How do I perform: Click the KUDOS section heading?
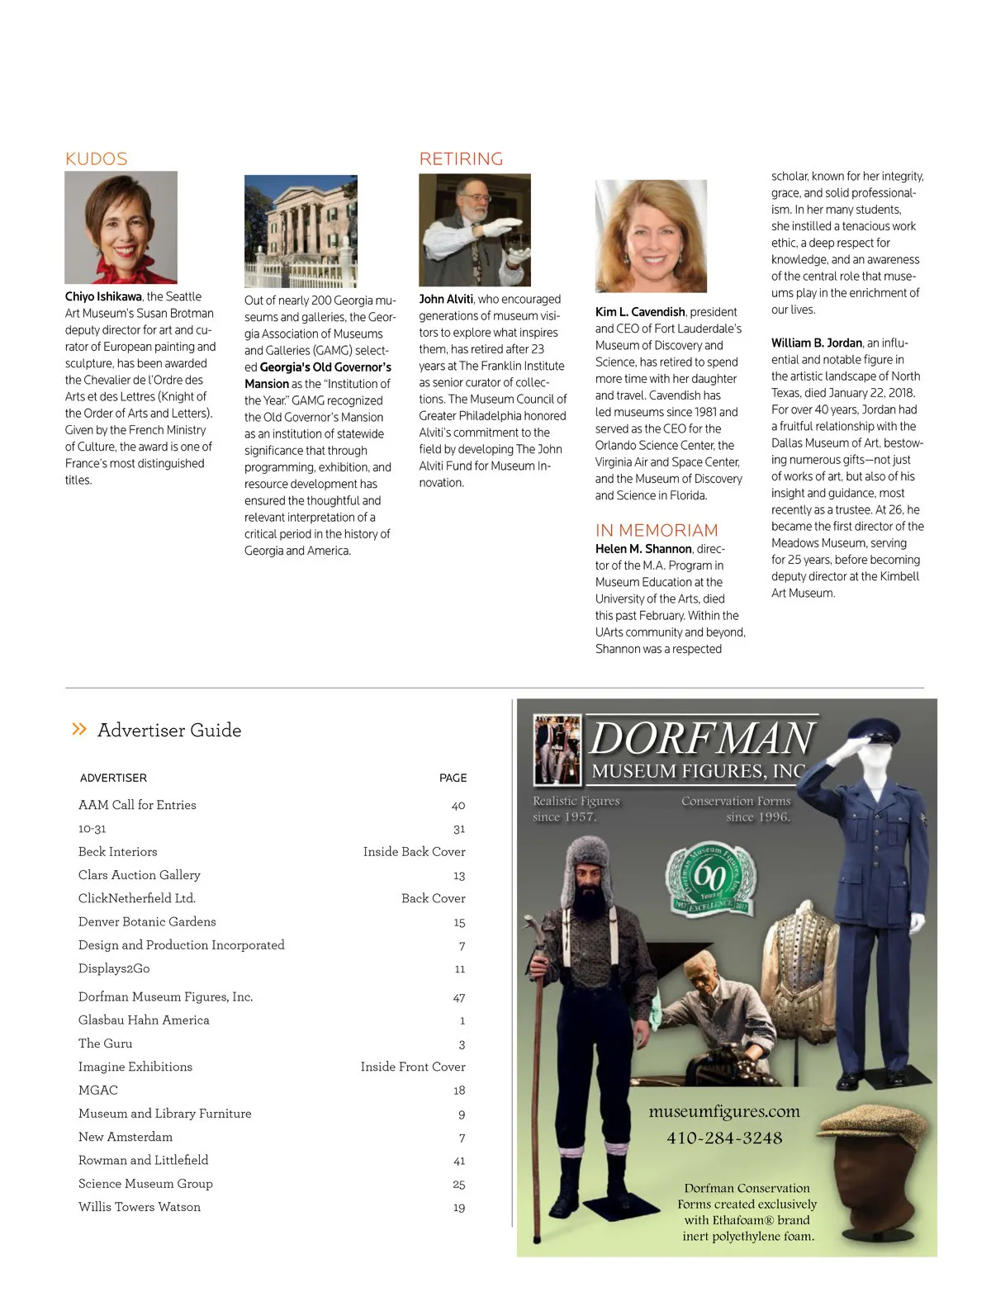(x=96, y=159)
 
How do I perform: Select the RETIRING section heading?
(x=461, y=159)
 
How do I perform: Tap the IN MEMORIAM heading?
(x=657, y=530)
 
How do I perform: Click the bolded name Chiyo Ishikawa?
(x=103, y=296)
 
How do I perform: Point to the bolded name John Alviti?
(x=446, y=299)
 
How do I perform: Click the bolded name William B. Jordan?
(x=817, y=343)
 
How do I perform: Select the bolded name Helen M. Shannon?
(x=643, y=549)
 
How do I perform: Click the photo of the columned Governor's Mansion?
(x=301, y=231)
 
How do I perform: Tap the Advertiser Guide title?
(x=169, y=730)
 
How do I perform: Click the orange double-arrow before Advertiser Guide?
(x=79, y=728)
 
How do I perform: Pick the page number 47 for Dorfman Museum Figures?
(x=459, y=997)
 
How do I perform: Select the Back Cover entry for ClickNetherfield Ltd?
(x=433, y=898)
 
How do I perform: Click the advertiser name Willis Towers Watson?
(x=140, y=1207)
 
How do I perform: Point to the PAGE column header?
(x=453, y=778)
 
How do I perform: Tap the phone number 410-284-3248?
(x=724, y=1138)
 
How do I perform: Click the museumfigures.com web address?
(x=724, y=1111)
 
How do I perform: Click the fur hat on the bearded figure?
(x=587, y=863)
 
